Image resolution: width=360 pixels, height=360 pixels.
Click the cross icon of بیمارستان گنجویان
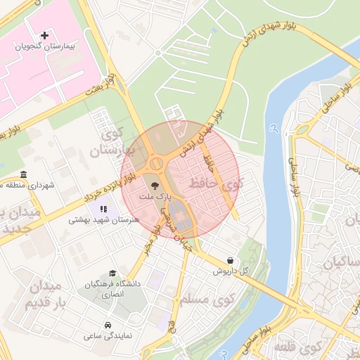pos(46,34)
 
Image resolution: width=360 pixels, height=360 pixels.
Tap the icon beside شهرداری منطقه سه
pos(23,174)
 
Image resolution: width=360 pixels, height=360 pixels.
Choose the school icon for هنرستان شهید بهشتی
pos(104,209)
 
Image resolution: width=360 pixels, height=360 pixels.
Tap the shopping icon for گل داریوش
pos(231,259)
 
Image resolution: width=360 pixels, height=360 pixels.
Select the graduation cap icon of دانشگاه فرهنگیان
pos(112,273)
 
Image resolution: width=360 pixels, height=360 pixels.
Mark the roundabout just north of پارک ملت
pos(155,163)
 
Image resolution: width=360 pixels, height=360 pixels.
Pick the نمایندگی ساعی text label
pos(103,336)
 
